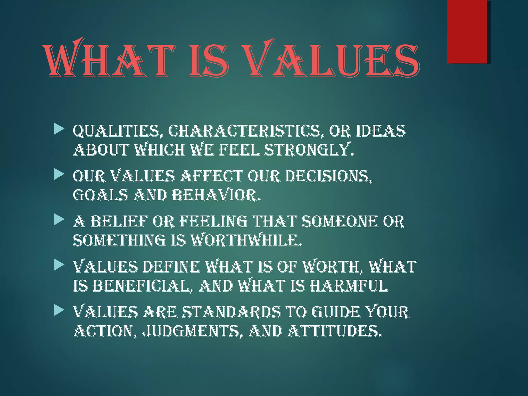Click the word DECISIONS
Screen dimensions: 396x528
click(x=329, y=176)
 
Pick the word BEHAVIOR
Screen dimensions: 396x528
click(x=216, y=195)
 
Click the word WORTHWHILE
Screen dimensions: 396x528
click(x=246, y=240)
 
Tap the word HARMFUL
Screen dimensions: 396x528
click(x=349, y=286)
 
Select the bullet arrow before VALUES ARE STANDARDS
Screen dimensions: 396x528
click(x=59, y=311)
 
